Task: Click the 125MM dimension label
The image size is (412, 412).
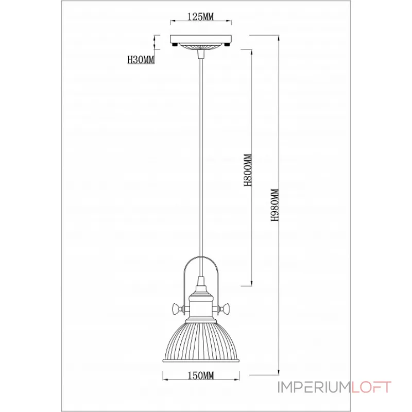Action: [x=200, y=16]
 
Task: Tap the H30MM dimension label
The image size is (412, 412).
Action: [x=141, y=60]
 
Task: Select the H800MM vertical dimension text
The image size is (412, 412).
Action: [x=248, y=170]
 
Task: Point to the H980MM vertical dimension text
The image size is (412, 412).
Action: [x=274, y=205]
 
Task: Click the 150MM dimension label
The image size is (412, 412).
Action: [x=201, y=376]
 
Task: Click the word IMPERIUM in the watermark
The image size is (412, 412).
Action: [x=314, y=387]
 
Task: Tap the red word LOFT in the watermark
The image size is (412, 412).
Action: [x=371, y=387]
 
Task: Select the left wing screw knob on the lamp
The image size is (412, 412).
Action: [x=177, y=308]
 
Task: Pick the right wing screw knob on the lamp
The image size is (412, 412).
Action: [x=225, y=308]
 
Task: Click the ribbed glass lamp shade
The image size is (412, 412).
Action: [x=201, y=341]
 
